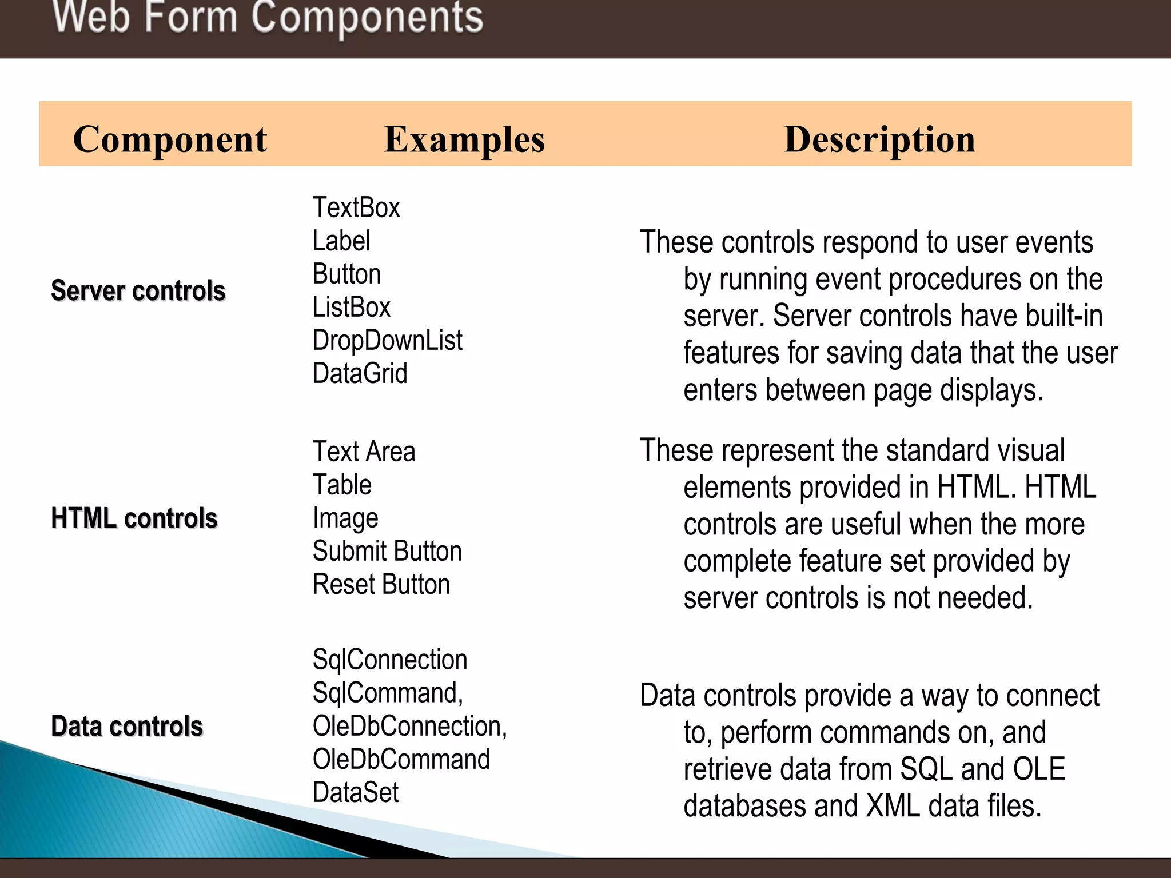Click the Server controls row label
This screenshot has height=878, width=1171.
click(x=138, y=290)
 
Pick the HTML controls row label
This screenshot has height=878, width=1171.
click(x=134, y=518)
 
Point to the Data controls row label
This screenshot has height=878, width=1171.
click(x=127, y=726)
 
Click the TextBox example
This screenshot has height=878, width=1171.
click(x=356, y=207)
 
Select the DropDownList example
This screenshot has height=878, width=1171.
click(x=387, y=340)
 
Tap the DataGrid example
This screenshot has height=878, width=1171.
click(x=360, y=373)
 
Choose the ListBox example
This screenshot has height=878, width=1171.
click(x=351, y=307)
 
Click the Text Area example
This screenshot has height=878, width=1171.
click(x=364, y=452)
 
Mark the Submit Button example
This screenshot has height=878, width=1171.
click(x=387, y=551)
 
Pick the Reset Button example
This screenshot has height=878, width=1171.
click(x=381, y=584)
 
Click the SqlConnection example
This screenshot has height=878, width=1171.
click(x=390, y=660)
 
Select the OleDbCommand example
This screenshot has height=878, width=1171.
click(x=401, y=759)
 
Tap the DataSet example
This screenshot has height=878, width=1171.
click(x=355, y=792)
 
